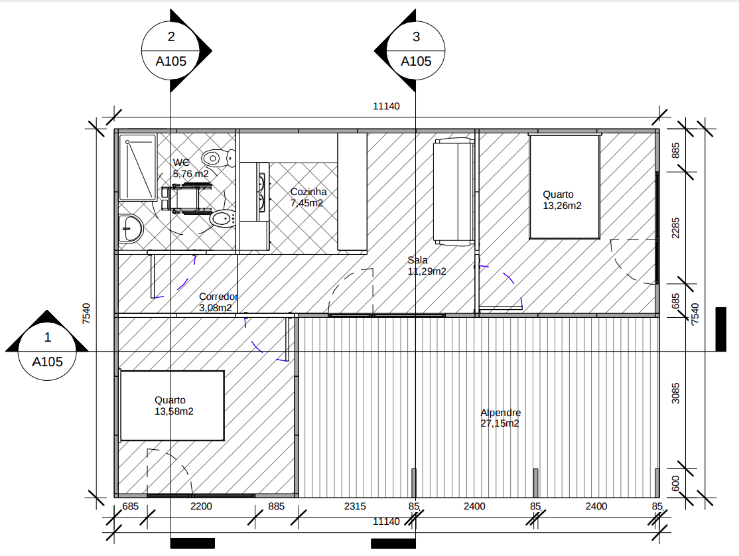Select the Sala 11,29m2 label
[427, 265]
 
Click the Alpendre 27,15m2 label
[501, 418]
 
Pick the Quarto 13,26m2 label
[562, 200]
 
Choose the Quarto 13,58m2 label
[174, 405]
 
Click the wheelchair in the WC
[186, 199]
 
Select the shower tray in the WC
[137, 168]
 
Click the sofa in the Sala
[453, 192]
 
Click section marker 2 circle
[170, 50]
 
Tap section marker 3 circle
[416, 50]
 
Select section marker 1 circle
[47, 351]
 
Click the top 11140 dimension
[386, 106]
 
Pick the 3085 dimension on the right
[675, 393]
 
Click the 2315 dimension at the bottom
[355, 506]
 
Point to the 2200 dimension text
[201, 506]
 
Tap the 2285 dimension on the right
[675, 228]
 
